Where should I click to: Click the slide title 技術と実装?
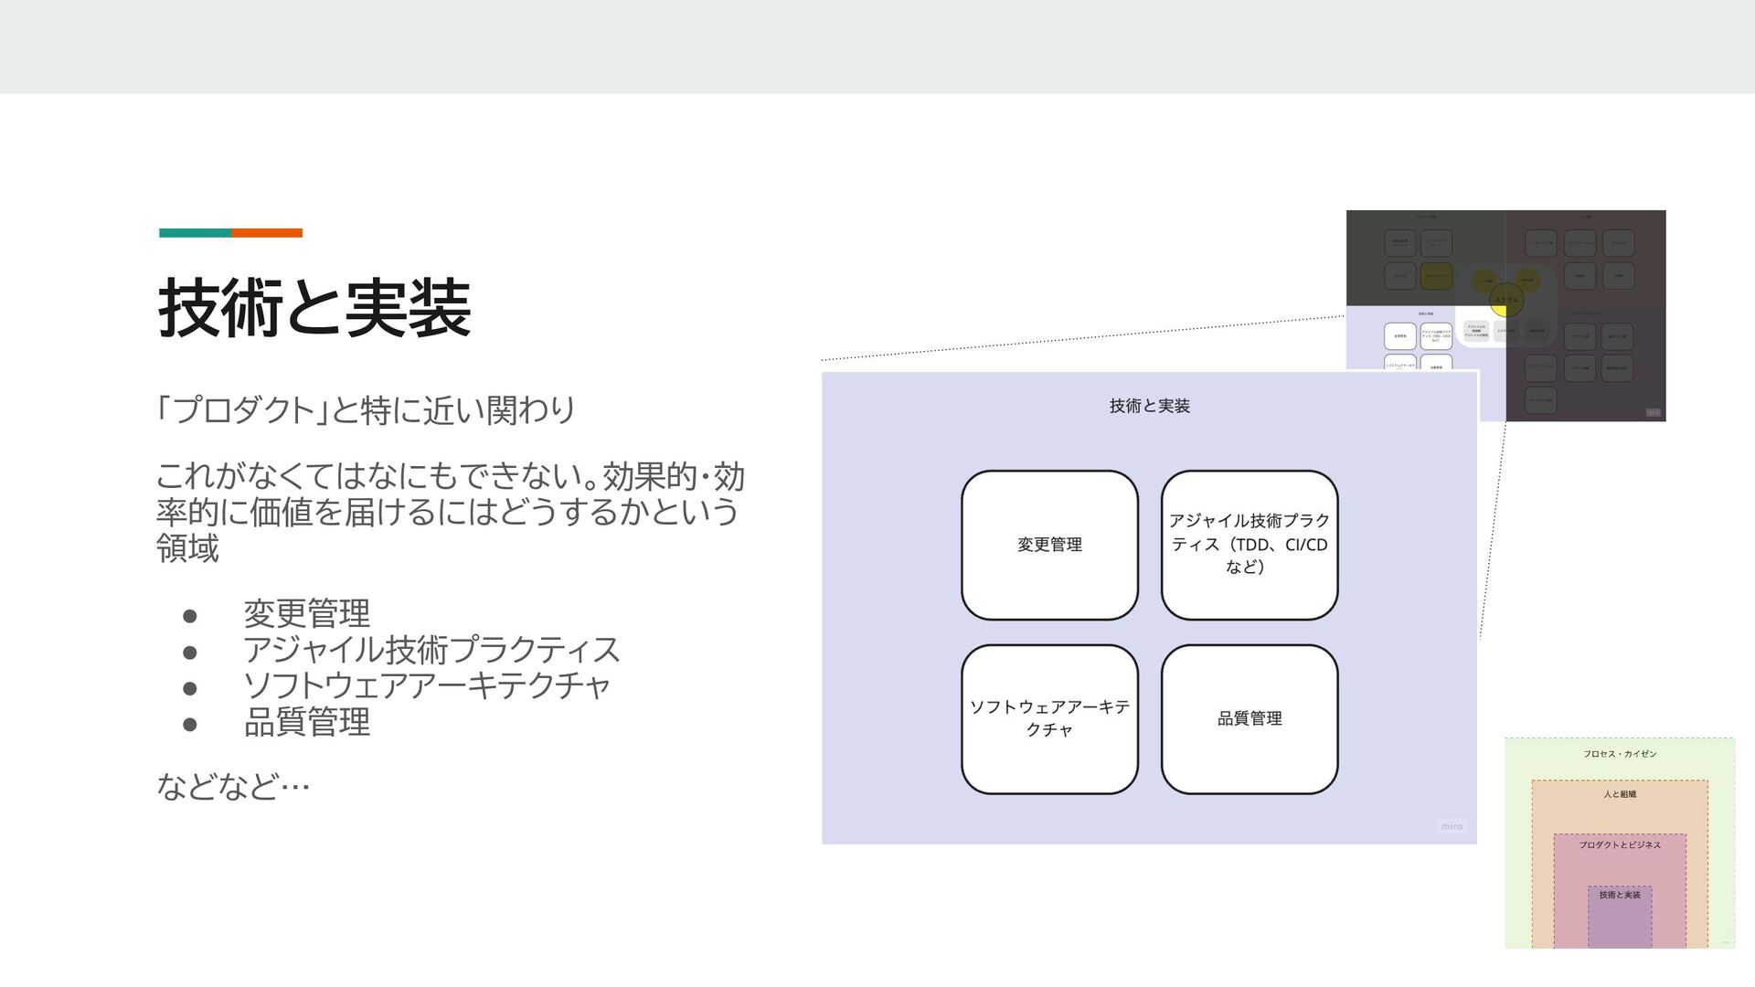click(x=314, y=309)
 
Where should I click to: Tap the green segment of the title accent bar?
click(x=195, y=233)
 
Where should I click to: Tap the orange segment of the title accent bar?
click(x=267, y=233)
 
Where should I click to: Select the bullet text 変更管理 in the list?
click(x=306, y=613)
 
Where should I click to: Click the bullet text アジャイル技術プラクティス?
click(x=431, y=650)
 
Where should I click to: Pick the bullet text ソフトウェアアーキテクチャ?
click(x=426, y=685)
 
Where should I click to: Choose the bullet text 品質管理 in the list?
click(x=306, y=722)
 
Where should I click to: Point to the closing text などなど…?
click(x=233, y=785)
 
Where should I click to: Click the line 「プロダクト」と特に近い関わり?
click(x=366, y=409)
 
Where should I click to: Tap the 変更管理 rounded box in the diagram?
click(x=1049, y=545)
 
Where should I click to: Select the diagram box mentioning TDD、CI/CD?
click(x=1250, y=545)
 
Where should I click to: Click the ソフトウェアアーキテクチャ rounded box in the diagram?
click(x=1049, y=719)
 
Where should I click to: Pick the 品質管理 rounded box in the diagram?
click(x=1250, y=719)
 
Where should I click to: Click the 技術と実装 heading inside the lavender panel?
click(x=1149, y=406)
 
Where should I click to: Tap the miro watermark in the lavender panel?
click(x=1452, y=826)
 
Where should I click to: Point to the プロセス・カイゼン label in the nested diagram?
click(x=1620, y=754)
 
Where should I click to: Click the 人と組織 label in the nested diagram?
click(x=1620, y=794)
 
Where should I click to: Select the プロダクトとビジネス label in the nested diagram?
click(x=1620, y=845)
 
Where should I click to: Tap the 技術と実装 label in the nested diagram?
click(x=1620, y=895)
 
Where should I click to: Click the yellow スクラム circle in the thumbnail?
click(x=1506, y=299)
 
